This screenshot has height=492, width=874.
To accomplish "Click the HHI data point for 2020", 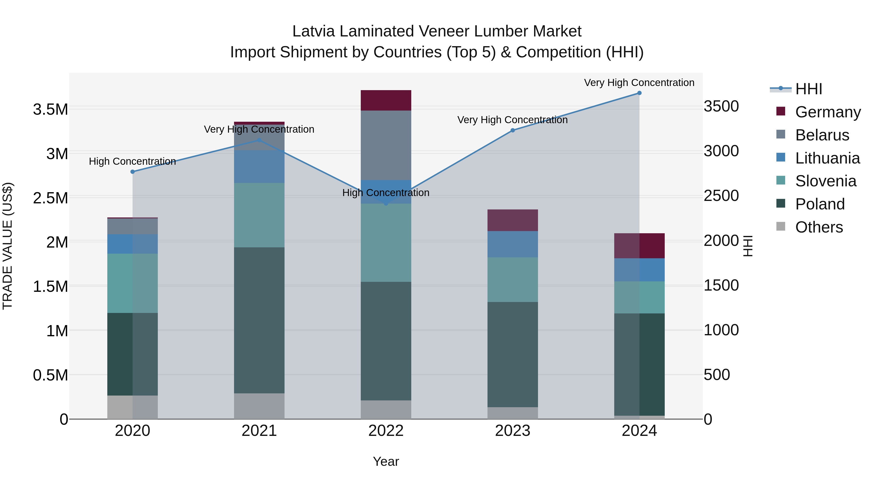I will [133, 172].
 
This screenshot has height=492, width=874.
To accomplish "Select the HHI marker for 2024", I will [639, 93].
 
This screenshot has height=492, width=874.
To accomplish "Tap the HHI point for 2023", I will [513, 130].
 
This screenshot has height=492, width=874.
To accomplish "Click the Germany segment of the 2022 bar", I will [386, 101].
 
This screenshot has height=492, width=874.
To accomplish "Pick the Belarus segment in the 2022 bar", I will [386, 145].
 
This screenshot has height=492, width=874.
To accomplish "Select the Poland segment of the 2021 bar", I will [259, 320].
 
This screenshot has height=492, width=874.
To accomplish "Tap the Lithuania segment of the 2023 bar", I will [513, 244].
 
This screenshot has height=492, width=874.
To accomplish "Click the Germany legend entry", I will [828, 112].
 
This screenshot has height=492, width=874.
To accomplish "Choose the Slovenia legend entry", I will [825, 181].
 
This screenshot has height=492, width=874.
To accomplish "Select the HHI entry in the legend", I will [808, 89].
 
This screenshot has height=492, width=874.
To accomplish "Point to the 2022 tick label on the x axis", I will [386, 431].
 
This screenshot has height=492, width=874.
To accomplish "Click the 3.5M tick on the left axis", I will [50, 110].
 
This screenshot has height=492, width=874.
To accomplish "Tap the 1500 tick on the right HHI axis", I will [721, 285].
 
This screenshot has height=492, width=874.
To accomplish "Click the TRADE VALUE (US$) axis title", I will [8, 246].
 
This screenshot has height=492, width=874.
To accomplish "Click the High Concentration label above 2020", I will [132, 161].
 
